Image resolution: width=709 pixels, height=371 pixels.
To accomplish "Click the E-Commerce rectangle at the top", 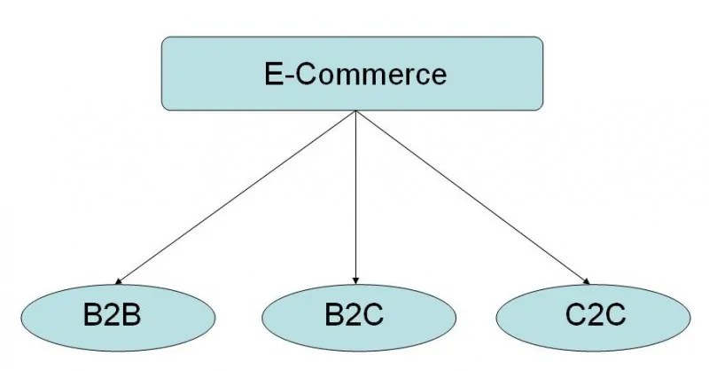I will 354,73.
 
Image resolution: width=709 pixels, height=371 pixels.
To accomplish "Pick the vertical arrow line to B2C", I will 354,195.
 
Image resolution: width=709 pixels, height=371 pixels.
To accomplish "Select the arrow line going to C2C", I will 470,196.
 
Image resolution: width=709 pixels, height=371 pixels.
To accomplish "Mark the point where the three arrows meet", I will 354,111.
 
